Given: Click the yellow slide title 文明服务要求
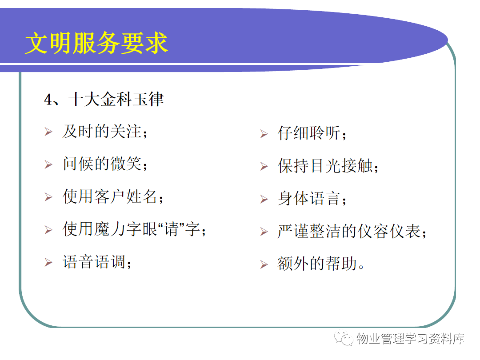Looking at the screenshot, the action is pyautogui.click(x=96, y=43).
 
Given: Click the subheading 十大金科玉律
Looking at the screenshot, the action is pyautogui.click(x=116, y=100).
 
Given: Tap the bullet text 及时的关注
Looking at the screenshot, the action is pyautogui.click(x=102, y=132).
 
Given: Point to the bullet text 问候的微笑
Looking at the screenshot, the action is pyautogui.click(x=102, y=164).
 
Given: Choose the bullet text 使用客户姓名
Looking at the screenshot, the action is pyautogui.click(x=110, y=196).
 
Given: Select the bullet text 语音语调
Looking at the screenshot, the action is pyautogui.click(x=94, y=262).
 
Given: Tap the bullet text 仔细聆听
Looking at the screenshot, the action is pyautogui.click(x=309, y=133).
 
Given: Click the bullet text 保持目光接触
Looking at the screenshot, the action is pyautogui.click(x=325, y=166).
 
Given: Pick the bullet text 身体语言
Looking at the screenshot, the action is pyautogui.click(x=309, y=199).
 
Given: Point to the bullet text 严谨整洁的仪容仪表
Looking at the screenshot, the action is pyautogui.click(x=349, y=232).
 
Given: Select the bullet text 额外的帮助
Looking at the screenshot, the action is pyautogui.click(x=317, y=264).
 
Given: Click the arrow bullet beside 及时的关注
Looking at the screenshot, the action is pyautogui.click(x=48, y=132).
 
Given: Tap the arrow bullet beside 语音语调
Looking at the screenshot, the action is pyautogui.click(x=48, y=263).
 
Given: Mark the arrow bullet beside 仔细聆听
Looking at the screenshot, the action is pyautogui.click(x=264, y=134).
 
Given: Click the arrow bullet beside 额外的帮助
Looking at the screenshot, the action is pyautogui.click(x=264, y=264).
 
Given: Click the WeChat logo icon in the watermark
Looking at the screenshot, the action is pyautogui.click(x=344, y=338).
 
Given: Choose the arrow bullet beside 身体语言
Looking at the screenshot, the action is pyautogui.click(x=264, y=199).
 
